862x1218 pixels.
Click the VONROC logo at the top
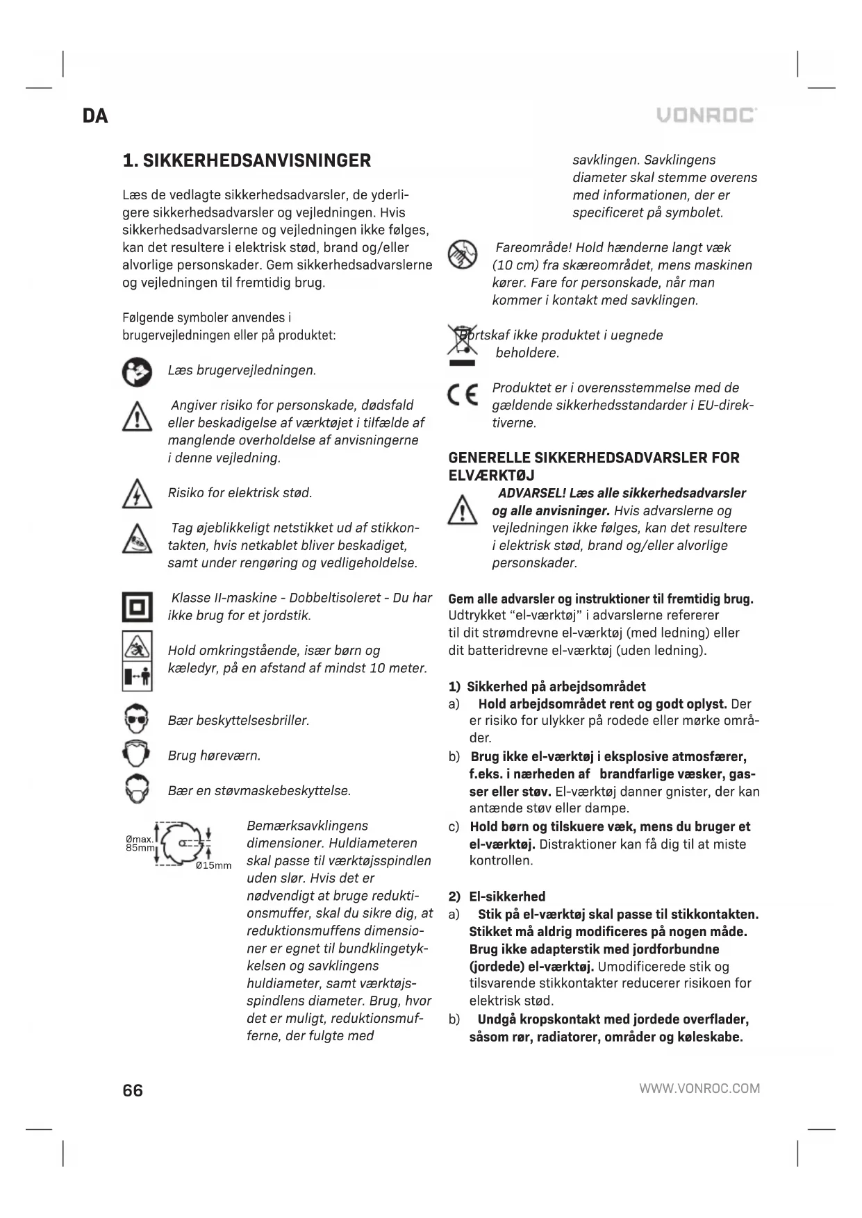706,115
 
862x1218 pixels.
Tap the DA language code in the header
95,116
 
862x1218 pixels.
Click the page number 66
133,1090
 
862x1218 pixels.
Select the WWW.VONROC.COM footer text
699,1088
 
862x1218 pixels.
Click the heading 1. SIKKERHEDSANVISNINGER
247,161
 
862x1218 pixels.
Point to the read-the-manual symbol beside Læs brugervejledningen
137,372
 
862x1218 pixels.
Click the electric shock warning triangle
137,494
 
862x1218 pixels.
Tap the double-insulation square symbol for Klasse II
137,606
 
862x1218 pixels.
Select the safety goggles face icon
137,720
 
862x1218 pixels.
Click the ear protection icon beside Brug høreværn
137,755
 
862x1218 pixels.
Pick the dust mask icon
137,790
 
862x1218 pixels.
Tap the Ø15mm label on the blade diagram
213,865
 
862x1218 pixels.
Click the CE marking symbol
463,395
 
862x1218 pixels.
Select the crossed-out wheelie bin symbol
462,344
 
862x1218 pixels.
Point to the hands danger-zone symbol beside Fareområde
463,254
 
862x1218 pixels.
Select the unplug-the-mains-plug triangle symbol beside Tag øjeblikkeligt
137,538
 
